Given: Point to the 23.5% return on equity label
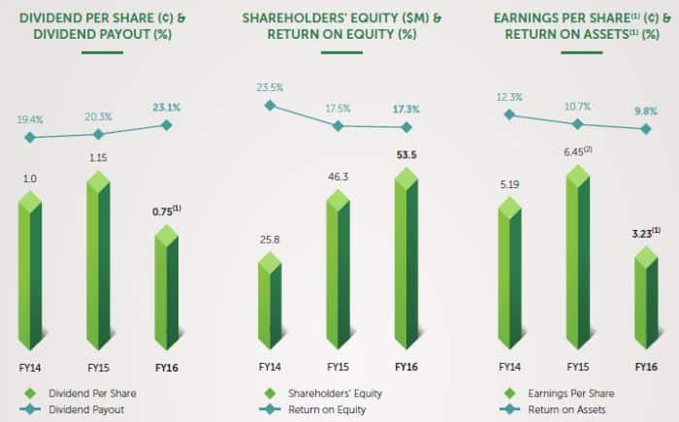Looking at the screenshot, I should (270, 87).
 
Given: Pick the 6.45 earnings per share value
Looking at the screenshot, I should (579, 152).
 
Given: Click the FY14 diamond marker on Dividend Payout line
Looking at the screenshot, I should (30, 137).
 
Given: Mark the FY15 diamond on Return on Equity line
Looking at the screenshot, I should (338, 125).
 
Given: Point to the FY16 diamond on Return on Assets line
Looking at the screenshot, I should (646, 128).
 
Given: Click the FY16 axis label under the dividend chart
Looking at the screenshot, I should (166, 368).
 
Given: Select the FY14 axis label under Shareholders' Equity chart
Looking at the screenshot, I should (270, 368).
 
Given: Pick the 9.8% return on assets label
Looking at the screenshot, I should (646, 109).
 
